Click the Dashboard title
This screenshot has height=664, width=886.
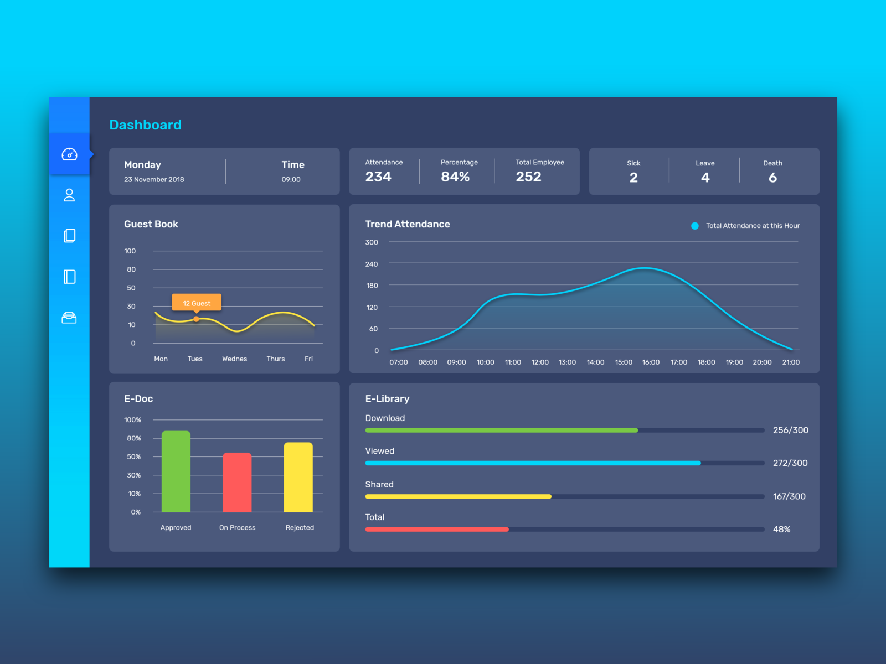145,125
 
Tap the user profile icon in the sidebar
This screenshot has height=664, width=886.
69,195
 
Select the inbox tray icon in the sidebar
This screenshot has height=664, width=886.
69,318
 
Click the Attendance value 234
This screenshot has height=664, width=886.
378,177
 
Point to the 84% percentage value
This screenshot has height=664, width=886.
455,177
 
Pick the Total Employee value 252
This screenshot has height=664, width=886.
528,177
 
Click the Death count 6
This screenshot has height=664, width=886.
772,178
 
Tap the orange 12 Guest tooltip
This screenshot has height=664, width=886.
197,303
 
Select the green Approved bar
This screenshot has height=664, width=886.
176,471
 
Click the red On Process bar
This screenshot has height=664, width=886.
237,483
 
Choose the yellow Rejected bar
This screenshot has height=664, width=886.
298,477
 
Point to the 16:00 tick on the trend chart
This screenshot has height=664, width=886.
651,362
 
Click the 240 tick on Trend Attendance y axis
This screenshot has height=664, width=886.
372,264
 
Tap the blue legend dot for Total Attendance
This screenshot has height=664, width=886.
695,226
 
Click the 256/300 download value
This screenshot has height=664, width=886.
790,430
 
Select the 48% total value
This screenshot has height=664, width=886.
781,530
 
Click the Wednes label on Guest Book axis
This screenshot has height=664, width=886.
234,359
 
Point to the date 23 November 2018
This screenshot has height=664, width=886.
154,180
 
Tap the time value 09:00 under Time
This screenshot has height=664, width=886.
291,180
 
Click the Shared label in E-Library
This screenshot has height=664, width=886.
379,485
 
